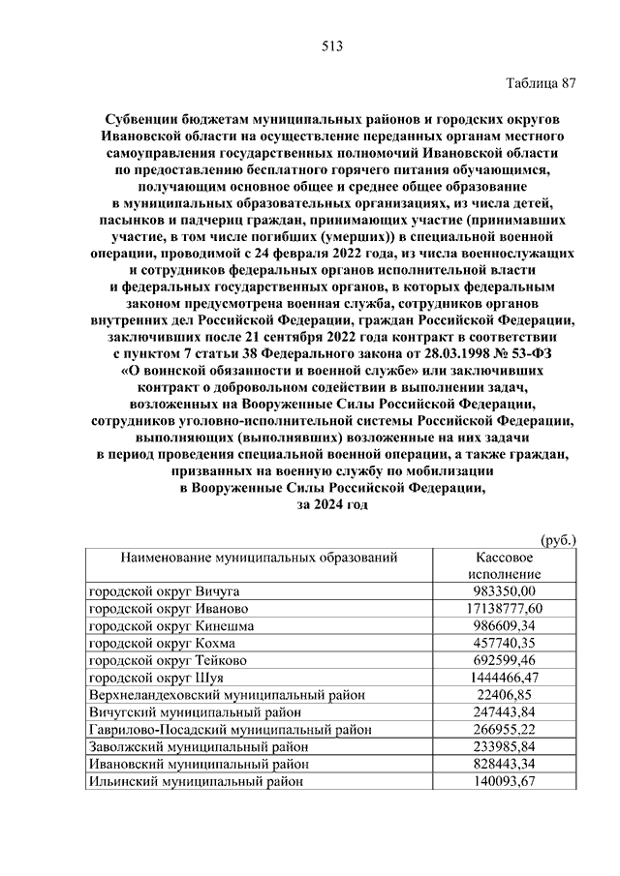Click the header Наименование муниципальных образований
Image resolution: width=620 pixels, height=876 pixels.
pyautogui.click(x=259, y=559)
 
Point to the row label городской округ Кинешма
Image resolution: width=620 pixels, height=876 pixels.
pyautogui.click(x=171, y=626)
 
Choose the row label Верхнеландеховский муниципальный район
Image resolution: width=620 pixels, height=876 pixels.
pyautogui.click(x=227, y=695)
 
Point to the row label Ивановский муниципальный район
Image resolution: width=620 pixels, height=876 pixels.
pyautogui.click(x=199, y=765)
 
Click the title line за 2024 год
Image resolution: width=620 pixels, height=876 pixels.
pyautogui.click(x=331, y=504)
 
